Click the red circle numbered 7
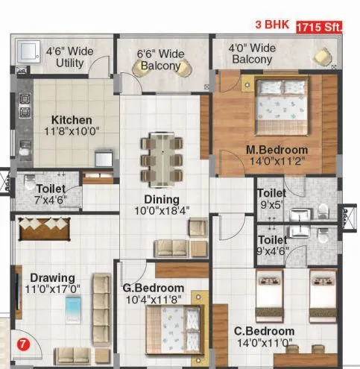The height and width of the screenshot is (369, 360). (x=24, y=344)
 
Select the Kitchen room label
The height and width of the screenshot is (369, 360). (x=72, y=120)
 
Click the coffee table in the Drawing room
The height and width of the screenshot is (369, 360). (x=74, y=308)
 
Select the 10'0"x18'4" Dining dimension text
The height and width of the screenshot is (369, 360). (x=162, y=211)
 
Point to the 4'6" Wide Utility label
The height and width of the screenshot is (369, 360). (x=70, y=57)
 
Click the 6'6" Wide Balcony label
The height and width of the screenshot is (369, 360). (x=160, y=60)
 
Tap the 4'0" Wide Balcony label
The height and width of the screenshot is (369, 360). (x=253, y=54)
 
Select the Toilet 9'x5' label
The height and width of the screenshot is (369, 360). (x=271, y=197)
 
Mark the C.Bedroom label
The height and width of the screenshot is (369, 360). (x=264, y=331)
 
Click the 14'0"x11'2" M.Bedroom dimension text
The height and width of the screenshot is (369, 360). (x=277, y=160)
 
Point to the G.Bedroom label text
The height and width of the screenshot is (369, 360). (x=153, y=288)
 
